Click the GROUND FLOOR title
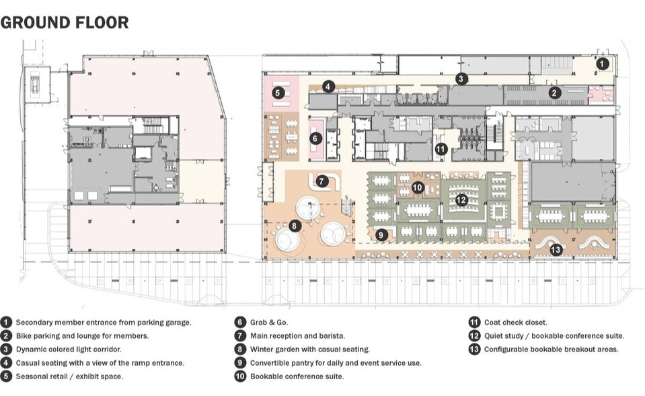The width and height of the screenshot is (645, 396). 65,22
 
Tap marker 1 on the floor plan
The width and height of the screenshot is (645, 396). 603,64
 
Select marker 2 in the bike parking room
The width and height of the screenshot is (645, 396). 555,93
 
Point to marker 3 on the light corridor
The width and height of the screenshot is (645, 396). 461,79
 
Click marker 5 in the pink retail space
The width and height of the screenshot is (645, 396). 278,93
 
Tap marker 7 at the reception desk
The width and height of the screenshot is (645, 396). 322,181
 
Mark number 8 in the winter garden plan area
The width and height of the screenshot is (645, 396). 295,226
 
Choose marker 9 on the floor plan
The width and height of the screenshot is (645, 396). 382,234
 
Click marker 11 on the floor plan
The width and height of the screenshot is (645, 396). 441,149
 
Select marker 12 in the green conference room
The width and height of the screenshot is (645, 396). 461,200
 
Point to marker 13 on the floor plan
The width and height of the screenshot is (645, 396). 556,250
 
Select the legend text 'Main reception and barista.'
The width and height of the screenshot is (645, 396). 297,336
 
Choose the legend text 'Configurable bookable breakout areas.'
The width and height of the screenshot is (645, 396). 551,350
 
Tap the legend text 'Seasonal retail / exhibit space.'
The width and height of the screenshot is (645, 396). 69,376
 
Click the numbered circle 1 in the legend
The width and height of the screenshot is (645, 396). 6,323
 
